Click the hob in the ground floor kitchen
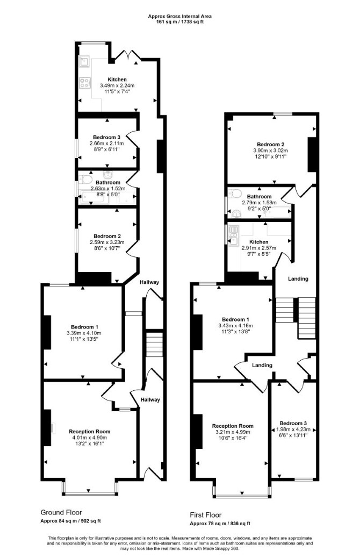84,83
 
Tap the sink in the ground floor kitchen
84,62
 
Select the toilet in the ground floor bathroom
86,178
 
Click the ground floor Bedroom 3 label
107,138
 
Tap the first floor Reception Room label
233,426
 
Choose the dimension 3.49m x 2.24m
117,85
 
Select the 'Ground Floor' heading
61,512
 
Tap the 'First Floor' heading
206,515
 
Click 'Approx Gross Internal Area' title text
180,16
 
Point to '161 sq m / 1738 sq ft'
180,22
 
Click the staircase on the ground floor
154,344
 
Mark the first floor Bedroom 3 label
293,423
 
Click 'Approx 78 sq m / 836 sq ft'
220,524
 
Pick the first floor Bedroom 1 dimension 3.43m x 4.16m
235,325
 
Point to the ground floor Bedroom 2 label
107,236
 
